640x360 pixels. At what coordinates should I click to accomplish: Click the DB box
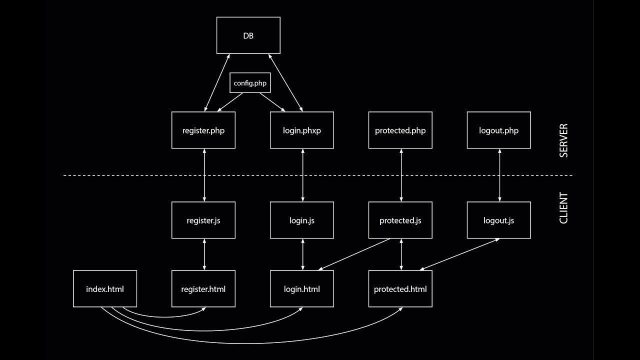tap(248, 35)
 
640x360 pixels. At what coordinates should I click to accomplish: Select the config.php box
tap(250, 83)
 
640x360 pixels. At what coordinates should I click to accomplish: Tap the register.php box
tap(203, 130)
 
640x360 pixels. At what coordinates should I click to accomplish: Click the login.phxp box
tap(302, 130)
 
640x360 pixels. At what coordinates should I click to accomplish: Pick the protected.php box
tap(400, 130)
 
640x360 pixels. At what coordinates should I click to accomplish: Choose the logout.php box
tap(498, 130)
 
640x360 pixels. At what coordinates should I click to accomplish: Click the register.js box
tap(203, 220)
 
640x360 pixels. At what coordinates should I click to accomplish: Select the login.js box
tap(302, 220)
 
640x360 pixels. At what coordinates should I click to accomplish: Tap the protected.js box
tap(400, 220)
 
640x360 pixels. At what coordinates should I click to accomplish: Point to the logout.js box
tap(498, 220)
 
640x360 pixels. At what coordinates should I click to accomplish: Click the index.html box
tap(105, 289)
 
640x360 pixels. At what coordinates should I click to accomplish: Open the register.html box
tap(203, 289)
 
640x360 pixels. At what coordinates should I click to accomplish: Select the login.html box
tap(302, 289)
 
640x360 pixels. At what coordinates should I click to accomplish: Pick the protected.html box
tap(400, 289)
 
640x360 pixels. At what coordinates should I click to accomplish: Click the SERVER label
tap(563, 140)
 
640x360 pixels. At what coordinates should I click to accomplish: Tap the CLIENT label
tap(563, 208)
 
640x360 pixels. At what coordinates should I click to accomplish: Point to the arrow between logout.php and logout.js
tap(500, 175)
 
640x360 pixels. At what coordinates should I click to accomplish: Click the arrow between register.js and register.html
tap(204, 254)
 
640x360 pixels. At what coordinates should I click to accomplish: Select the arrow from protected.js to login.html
tap(354, 254)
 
